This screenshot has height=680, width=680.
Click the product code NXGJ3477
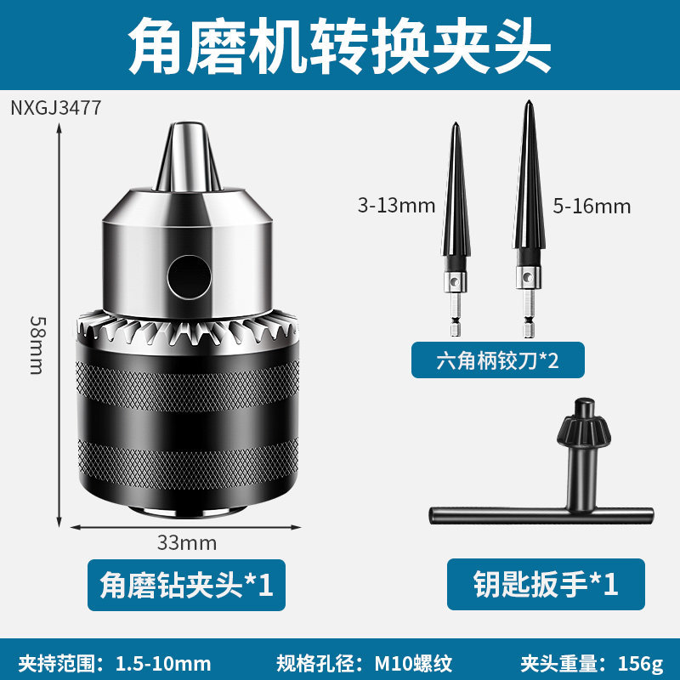pos(56,108)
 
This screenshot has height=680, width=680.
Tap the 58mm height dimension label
pos(37,345)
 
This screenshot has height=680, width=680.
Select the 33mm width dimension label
pos(186,543)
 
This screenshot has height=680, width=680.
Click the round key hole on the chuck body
pos(189,277)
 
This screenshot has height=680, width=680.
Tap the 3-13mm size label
pos(396,205)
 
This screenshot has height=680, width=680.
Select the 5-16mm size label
pos(592,206)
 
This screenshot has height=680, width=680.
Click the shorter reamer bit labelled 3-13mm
pos(456,229)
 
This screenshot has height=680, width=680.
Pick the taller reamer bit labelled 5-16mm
pos(528,219)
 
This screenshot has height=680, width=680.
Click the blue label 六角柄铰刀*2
pos(498,360)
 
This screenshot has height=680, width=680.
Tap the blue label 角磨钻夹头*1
pos(186,585)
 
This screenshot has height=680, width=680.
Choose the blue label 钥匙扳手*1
pos(546,584)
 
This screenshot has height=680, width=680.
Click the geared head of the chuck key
pos(584,422)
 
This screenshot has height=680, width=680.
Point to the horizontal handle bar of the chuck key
pos(541,516)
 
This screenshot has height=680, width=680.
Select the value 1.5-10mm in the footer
pos(163,664)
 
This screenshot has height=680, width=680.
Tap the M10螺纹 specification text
pos(413,664)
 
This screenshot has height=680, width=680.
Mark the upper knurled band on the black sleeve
pos(188,386)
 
